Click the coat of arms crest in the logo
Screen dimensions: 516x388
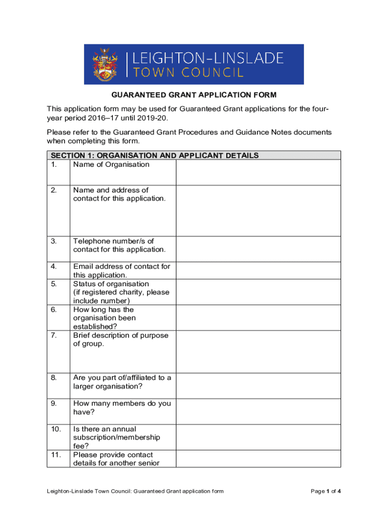click(x=106, y=64)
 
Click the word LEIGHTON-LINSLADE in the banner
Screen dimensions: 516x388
click(x=208, y=58)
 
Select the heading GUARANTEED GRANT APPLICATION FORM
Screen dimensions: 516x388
click(x=194, y=95)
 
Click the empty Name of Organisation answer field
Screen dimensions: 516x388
click(x=258, y=172)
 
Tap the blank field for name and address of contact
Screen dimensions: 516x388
click(x=258, y=211)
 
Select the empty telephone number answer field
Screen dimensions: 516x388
click(x=258, y=249)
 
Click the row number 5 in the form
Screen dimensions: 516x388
click(x=53, y=284)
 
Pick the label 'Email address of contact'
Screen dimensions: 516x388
click(x=121, y=266)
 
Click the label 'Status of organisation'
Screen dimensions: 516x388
click(x=111, y=284)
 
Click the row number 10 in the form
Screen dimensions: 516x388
click(x=55, y=429)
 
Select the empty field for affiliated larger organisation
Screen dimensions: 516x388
click(x=258, y=386)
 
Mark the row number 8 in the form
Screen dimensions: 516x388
click(x=53, y=377)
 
